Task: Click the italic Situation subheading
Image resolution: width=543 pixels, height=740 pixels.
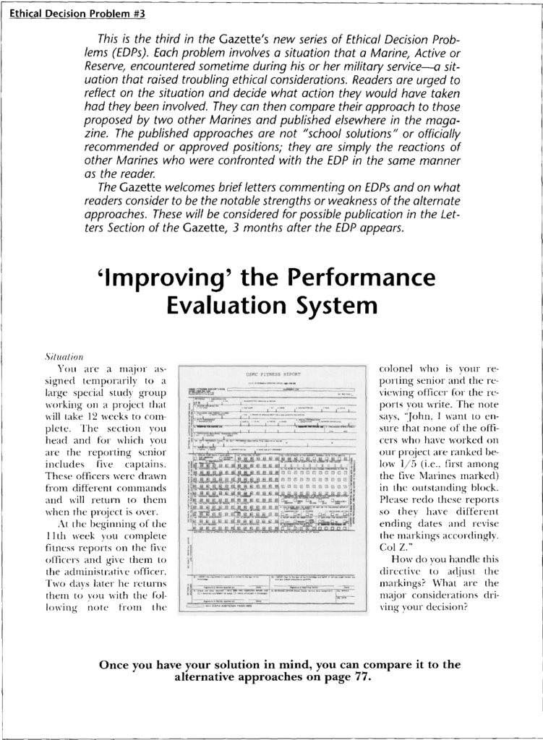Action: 64,357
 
